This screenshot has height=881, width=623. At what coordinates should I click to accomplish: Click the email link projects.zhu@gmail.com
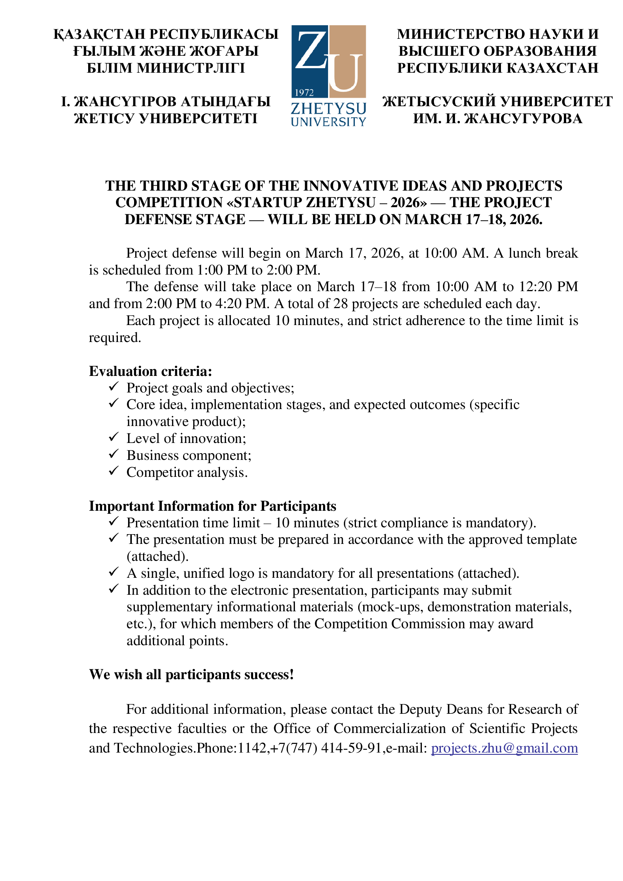pos(504,748)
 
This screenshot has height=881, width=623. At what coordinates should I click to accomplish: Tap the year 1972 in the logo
pos(304,93)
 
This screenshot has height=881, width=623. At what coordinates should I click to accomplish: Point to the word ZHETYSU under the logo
pos(328,109)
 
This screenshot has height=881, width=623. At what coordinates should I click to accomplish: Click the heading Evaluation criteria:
pos(150,371)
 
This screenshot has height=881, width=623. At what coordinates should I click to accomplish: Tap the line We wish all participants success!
pos(191,674)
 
